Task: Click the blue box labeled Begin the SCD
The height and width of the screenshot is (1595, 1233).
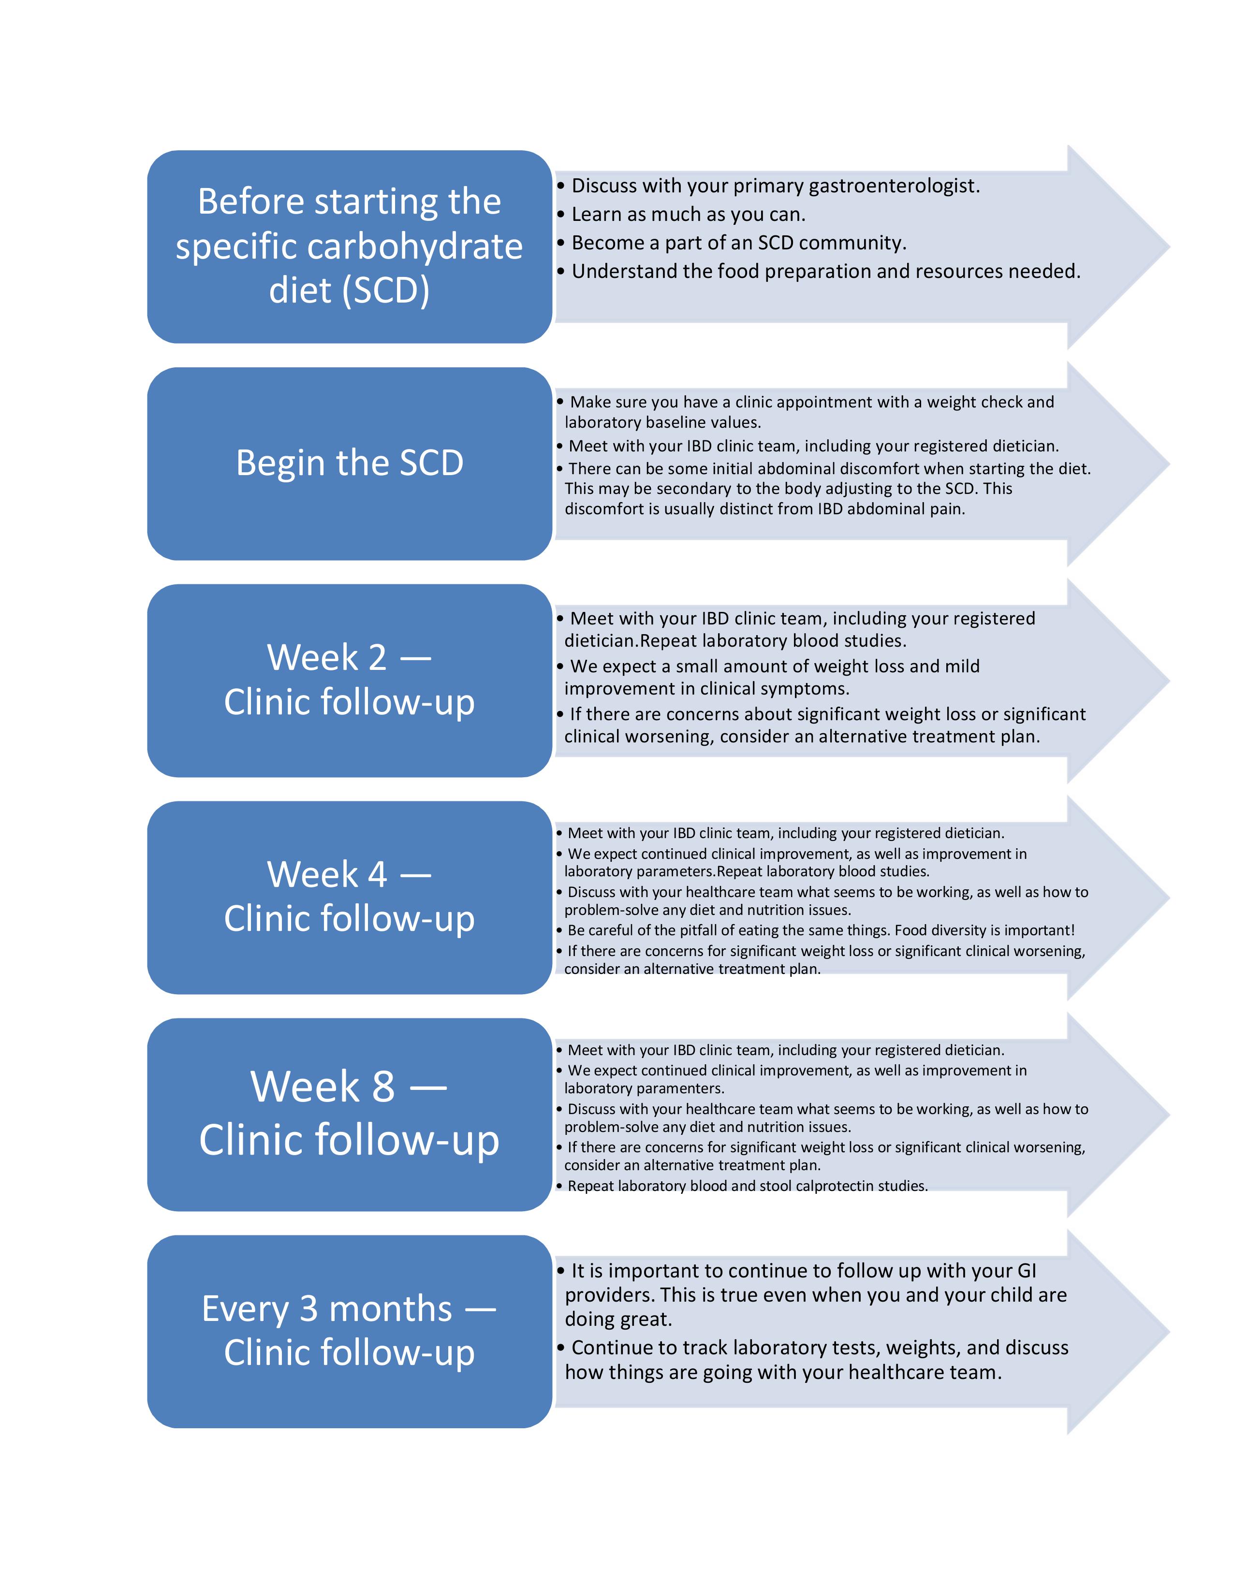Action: tap(349, 463)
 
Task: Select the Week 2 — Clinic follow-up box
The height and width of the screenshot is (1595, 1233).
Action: tap(349, 680)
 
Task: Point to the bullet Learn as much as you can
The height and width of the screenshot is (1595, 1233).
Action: tap(688, 215)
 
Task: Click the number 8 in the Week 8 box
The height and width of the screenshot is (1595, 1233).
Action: tap(383, 1086)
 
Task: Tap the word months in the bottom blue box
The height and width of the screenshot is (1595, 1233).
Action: tap(392, 1309)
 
